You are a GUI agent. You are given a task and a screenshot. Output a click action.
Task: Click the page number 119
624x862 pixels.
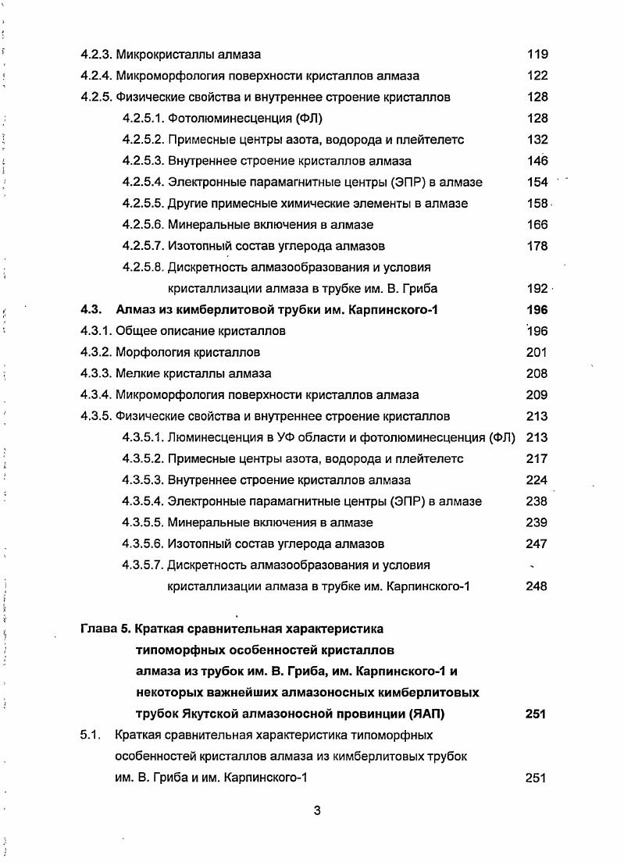point(537,55)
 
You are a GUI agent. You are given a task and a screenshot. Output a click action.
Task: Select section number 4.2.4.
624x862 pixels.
point(96,76)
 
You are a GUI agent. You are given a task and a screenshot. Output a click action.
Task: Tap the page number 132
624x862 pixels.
point(537,140)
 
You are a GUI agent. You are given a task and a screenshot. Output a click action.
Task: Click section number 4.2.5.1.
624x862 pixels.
point(143,119)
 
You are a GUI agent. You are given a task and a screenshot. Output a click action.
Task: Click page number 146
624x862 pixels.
point(537,161)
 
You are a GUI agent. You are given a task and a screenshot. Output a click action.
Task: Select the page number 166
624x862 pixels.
point(537,225)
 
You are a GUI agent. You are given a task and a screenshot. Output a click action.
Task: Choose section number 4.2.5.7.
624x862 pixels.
point(143,246)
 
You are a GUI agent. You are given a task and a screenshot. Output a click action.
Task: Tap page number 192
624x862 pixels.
point(537,288)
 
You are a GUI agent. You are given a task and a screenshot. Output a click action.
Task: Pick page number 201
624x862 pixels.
point(537,352)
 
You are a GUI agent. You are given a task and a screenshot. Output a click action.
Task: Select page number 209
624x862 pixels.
point(537,395)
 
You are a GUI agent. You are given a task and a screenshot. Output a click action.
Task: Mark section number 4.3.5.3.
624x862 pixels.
point(143,480)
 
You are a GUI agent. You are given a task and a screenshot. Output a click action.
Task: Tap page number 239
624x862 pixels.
point(537,522)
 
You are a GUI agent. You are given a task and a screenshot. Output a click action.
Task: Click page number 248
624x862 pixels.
point(537,586)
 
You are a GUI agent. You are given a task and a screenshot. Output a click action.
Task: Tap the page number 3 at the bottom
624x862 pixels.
point(317,810)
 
